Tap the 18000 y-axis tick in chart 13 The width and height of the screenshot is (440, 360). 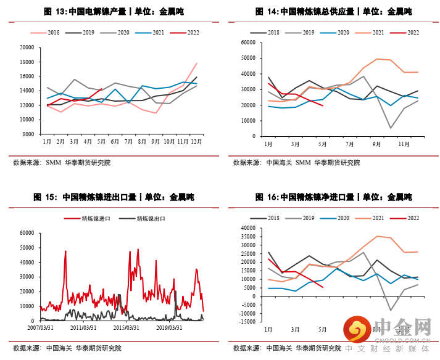coord(26,62)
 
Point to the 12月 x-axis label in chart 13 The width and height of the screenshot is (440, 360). coord(197,141)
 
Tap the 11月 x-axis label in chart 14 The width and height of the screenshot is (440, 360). coord(403,144)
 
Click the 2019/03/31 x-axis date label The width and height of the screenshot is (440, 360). coord(169,328)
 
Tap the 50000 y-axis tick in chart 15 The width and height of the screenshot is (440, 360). coord(26,247)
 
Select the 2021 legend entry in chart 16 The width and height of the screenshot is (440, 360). coord(378,218)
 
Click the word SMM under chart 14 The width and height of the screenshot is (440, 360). coord(303,163)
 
